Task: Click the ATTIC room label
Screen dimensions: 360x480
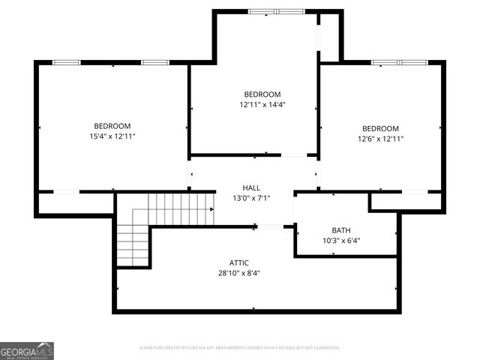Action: (x=239, y=262)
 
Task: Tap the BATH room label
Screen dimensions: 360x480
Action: (x=341, y=230)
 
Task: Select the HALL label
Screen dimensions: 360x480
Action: (x=251, y=187)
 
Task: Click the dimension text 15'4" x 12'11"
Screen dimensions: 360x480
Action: (x=112, y=136)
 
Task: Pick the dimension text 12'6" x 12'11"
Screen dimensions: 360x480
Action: (x=380, y=139)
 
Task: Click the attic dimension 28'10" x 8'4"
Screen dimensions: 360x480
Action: (x=239, y=273)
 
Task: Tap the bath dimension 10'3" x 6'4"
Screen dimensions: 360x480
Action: (x=341, y=241)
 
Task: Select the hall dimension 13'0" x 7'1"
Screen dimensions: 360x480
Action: (x=251, y=198)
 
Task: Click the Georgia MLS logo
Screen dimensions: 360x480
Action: (x=27, y=350)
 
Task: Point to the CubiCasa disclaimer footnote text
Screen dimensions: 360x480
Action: (x=240, y=348)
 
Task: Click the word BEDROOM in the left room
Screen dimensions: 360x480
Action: (x=112, y=126)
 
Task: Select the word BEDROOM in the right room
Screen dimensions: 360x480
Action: (x=380, y=128)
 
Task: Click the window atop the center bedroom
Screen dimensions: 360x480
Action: (x=277, y=12)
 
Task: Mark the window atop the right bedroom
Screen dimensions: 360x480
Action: (x=399, y=62)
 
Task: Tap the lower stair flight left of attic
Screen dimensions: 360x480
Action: (x=133, y=244)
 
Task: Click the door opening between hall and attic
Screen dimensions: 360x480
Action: (x=271, y=226)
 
